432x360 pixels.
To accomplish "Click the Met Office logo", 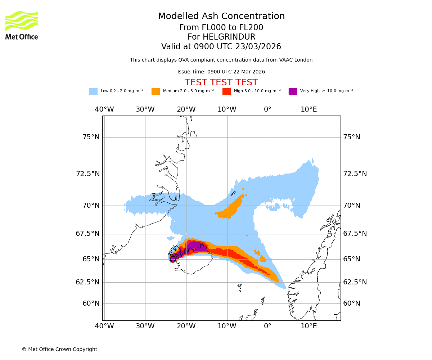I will point(22,26).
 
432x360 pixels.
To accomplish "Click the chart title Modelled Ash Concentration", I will point(221,17).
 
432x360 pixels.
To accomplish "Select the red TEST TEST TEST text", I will point(221,82).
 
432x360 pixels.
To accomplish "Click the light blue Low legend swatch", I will point(93,91).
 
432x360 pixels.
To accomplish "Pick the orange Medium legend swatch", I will point(156,91).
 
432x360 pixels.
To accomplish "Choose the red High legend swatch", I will point(226,91).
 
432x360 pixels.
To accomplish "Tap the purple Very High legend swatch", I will point(293,91).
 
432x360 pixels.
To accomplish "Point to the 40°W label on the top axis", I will point(104,109).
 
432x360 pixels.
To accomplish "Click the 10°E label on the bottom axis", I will point(309,326).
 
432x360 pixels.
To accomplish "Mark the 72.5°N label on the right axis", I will point(355,174).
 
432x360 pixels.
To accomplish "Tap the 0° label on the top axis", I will point(268,109).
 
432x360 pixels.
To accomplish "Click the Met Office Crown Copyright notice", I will point(59,350).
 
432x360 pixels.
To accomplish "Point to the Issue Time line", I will point(221,72).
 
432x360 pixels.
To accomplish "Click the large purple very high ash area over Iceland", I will point(196,247).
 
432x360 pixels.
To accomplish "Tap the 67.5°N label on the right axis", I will point(355,234).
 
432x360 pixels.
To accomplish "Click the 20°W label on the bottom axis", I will point(186,326).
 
